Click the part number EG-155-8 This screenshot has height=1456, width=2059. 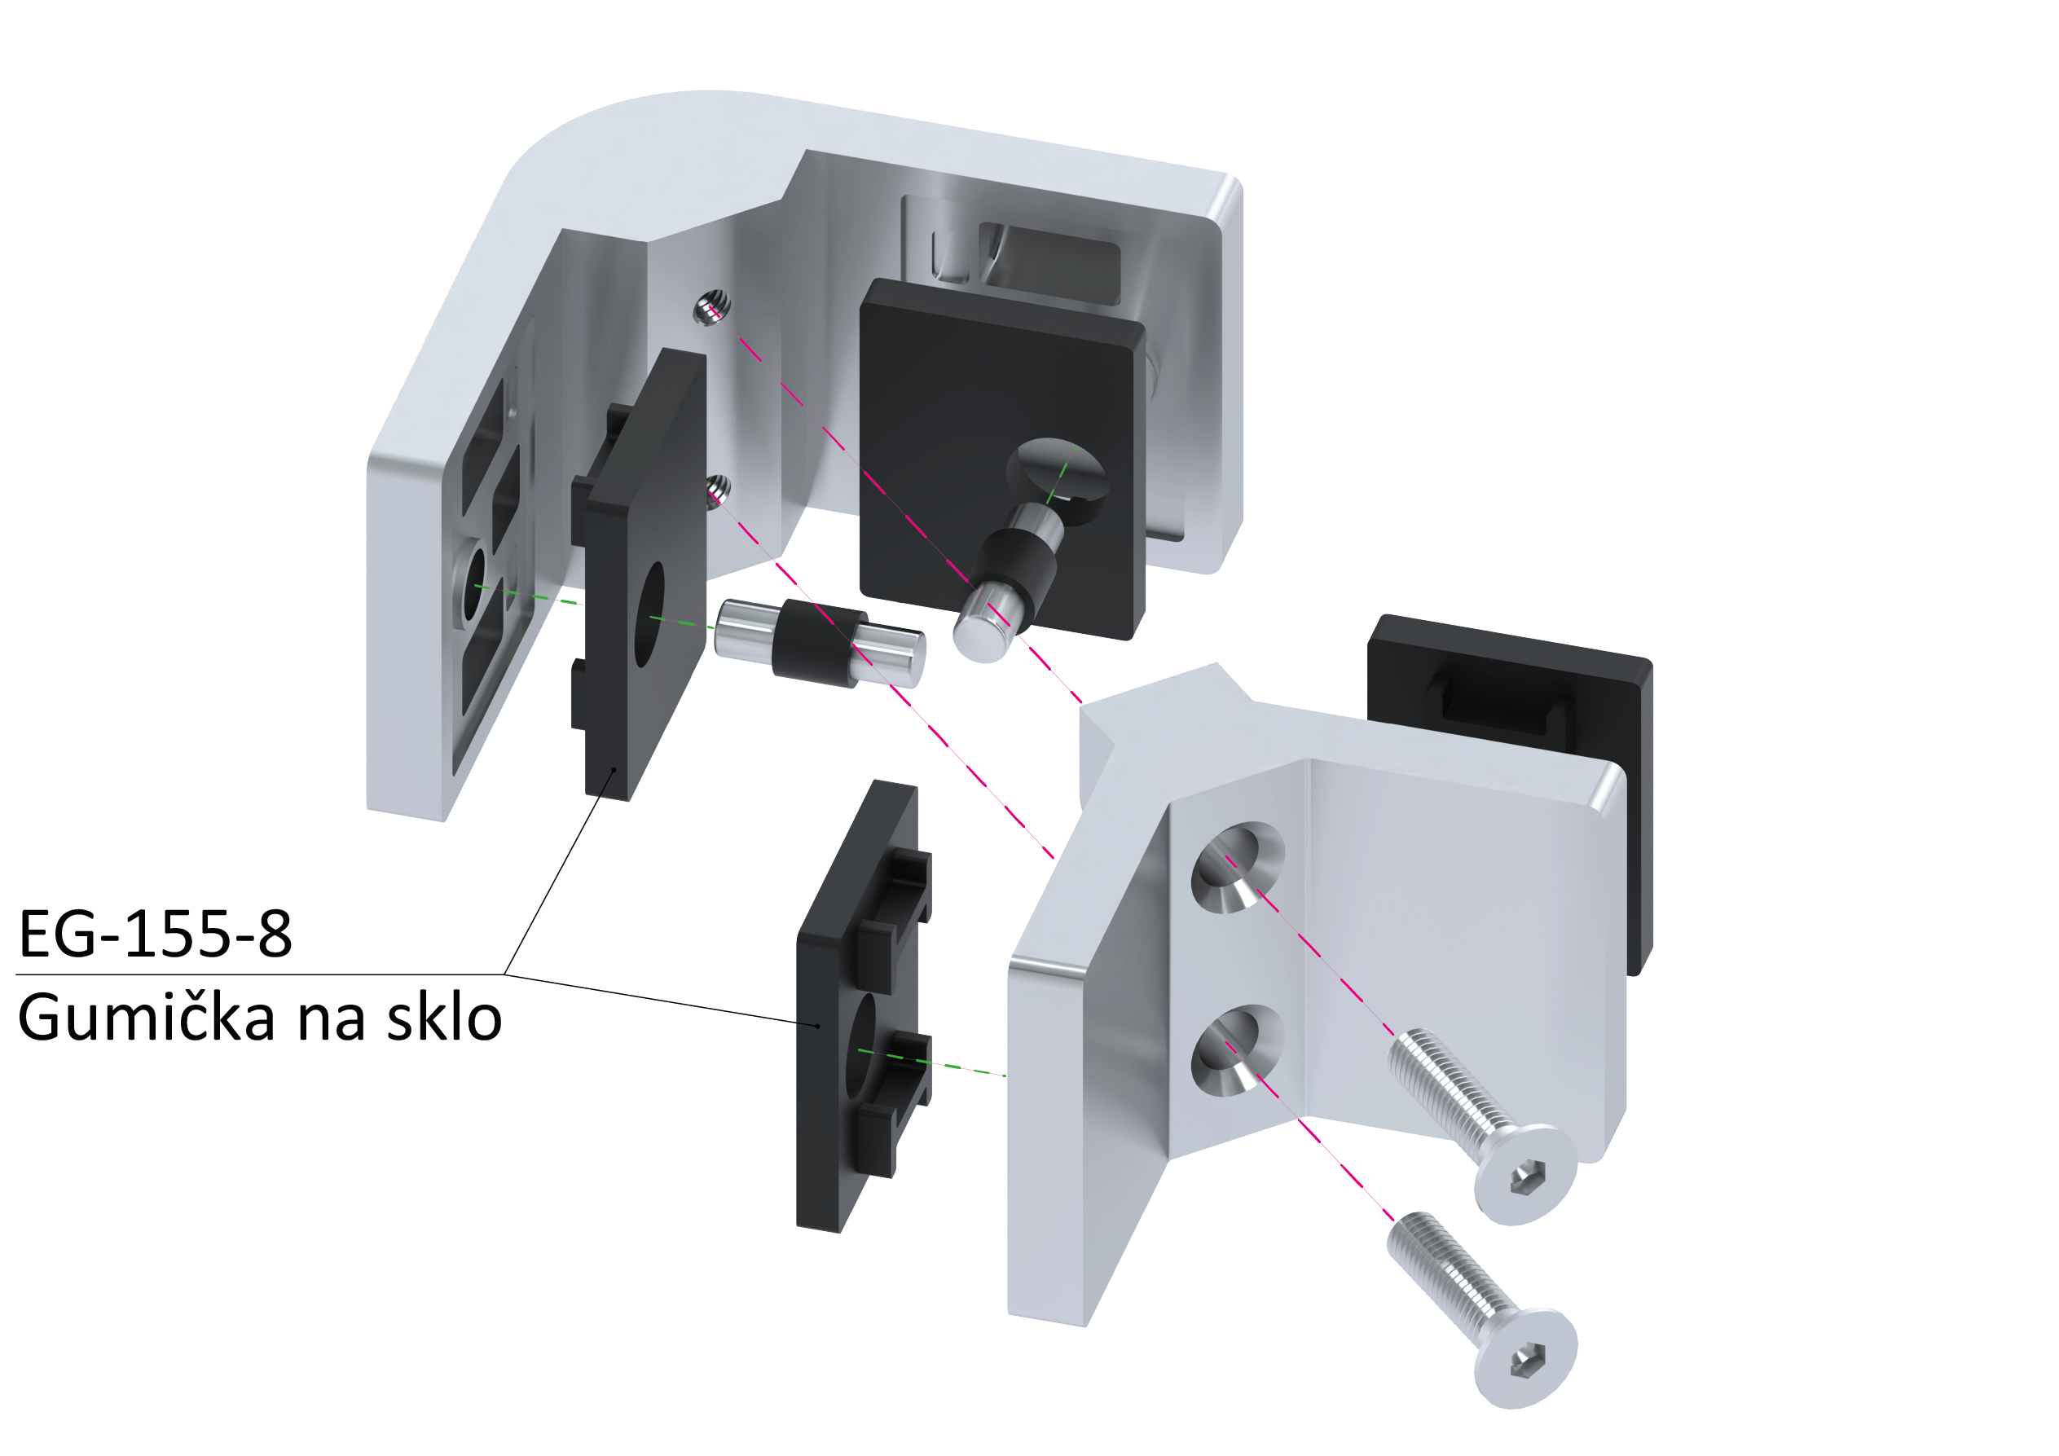(x=155, y=933)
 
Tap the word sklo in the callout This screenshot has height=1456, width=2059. (x=444, y=1018)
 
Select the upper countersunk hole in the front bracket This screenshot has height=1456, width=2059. (x=1238, y=869)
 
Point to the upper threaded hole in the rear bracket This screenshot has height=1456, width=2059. (x=712, y=307)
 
